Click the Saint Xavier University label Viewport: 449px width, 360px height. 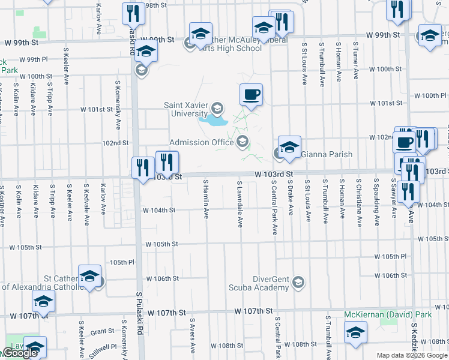[186, 110]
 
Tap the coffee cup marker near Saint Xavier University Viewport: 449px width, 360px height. [251, 95]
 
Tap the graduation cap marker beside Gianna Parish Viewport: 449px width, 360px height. [289, 148]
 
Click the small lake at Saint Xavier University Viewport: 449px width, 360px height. [214, 121]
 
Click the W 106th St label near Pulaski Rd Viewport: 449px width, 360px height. [163, 278]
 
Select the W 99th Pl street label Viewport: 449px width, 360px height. [33, 60]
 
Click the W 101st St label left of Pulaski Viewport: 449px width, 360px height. [97, 109]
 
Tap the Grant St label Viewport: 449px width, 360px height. [102, 331]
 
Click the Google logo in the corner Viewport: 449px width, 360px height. [19, 353]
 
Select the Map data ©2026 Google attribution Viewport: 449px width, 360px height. [412, 355]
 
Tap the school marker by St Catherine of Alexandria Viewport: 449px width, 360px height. [89, 277]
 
